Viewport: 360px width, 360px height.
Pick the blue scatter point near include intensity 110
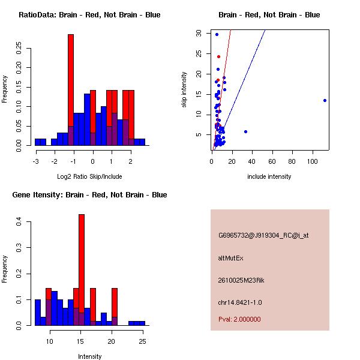tap(325, 100)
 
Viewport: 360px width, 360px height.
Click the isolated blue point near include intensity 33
tap(245, 131)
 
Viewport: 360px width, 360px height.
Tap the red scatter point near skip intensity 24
tap(218, 56)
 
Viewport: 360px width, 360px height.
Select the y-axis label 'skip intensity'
tap(184, 90)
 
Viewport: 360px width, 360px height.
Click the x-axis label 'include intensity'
tap(269, 176)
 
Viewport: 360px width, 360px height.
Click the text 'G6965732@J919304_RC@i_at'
tap(263, 236)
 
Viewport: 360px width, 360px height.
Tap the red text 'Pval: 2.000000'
tap(239, 319)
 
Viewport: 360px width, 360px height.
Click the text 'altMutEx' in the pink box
tap(230, 258)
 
